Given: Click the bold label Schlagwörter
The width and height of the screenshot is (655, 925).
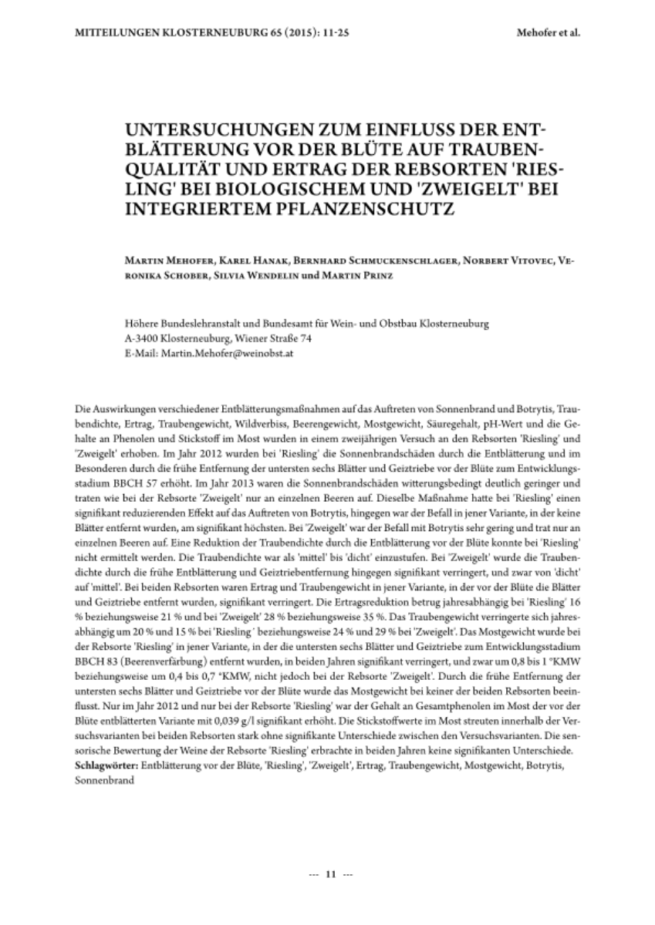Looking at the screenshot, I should [x=108, y=767].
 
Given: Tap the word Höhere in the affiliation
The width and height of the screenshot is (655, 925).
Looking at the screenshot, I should [x=140, y=325].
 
